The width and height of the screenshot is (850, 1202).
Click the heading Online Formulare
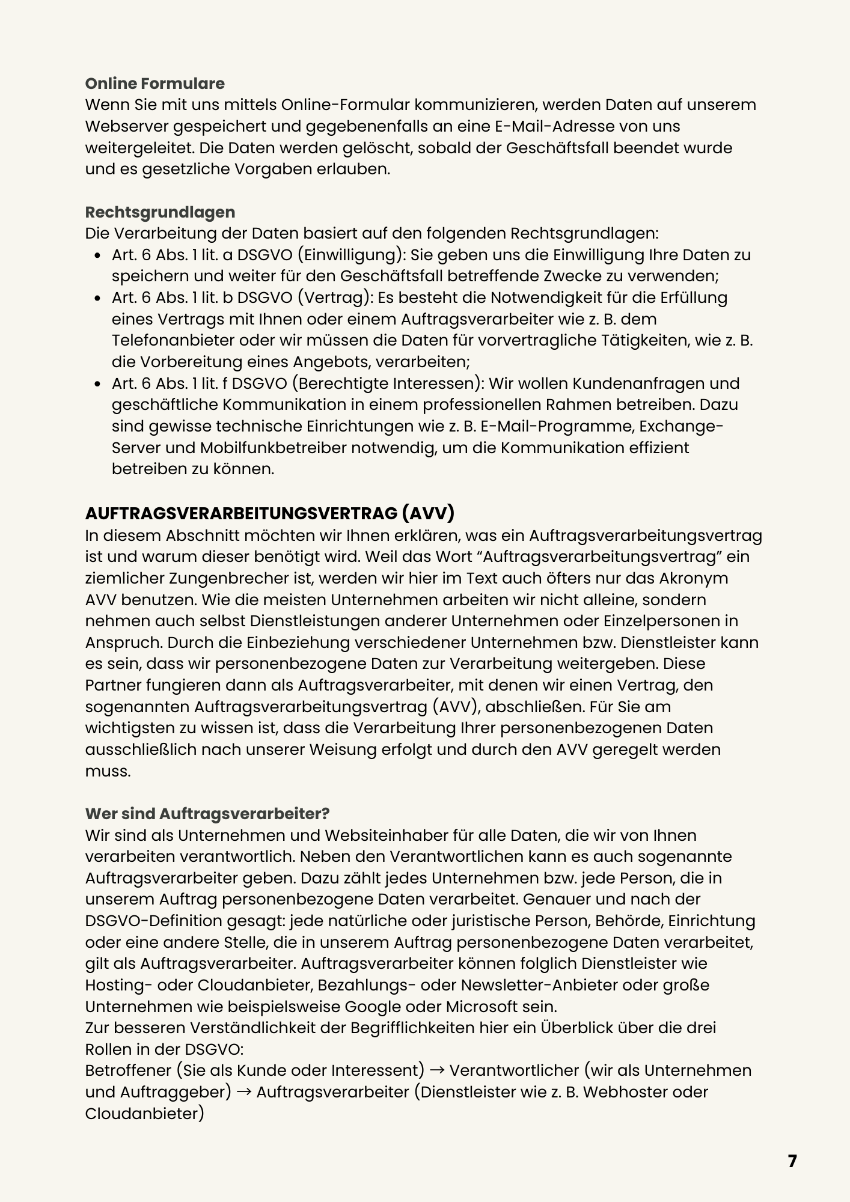[154, 83]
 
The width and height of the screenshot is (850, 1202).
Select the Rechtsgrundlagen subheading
[160, 212]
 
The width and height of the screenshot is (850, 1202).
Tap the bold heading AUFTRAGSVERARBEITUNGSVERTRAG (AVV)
[270, 513]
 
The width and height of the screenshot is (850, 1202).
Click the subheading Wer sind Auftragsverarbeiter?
[207, 813]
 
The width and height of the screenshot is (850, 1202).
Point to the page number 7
[792, 1161]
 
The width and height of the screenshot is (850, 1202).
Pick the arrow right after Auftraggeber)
[243, 1092]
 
